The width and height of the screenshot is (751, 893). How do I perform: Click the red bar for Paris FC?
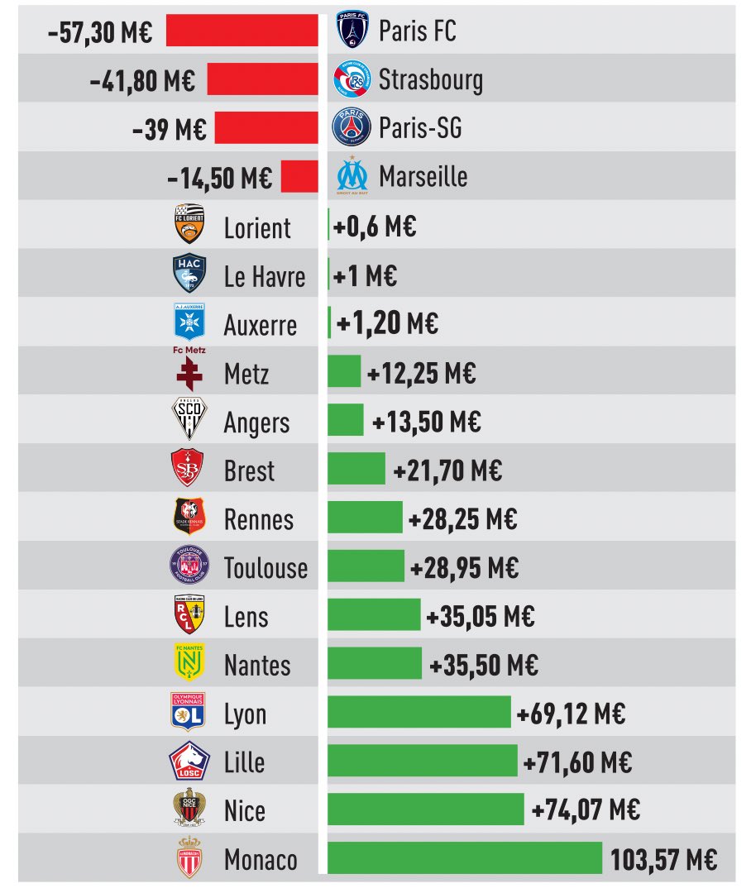(x=242, y=31)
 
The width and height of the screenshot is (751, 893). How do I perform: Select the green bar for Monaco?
(x=465, y=858)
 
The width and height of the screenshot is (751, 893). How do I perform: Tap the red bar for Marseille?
(x=299, y=177)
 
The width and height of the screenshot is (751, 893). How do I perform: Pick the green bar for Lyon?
(x=419, y=713)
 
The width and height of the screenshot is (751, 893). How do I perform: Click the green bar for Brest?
(x=356, y=469)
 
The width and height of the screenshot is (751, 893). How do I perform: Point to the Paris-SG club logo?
(x=352, y=127)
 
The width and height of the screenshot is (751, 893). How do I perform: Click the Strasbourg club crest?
(x=352, y=79)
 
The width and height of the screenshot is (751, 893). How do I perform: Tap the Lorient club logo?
(x=189, y=225)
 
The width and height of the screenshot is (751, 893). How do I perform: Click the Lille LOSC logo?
(x=189, y=761)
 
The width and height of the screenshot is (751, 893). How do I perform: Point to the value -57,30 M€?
(x=100, y=31)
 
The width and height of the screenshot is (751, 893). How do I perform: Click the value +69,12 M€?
(x=571, y=713)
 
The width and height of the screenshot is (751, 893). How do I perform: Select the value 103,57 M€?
(x=663, y=859)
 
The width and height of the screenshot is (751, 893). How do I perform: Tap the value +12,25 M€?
(x=421, y=373)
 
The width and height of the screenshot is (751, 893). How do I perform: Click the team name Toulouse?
(x=265, y=568)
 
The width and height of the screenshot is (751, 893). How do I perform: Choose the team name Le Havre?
(x=265, y=276)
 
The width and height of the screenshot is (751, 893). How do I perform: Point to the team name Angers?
(x=257, y=423)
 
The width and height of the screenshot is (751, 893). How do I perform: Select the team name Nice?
(x=244, y=810)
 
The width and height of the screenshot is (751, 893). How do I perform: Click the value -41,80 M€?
(x=141, y=80)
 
